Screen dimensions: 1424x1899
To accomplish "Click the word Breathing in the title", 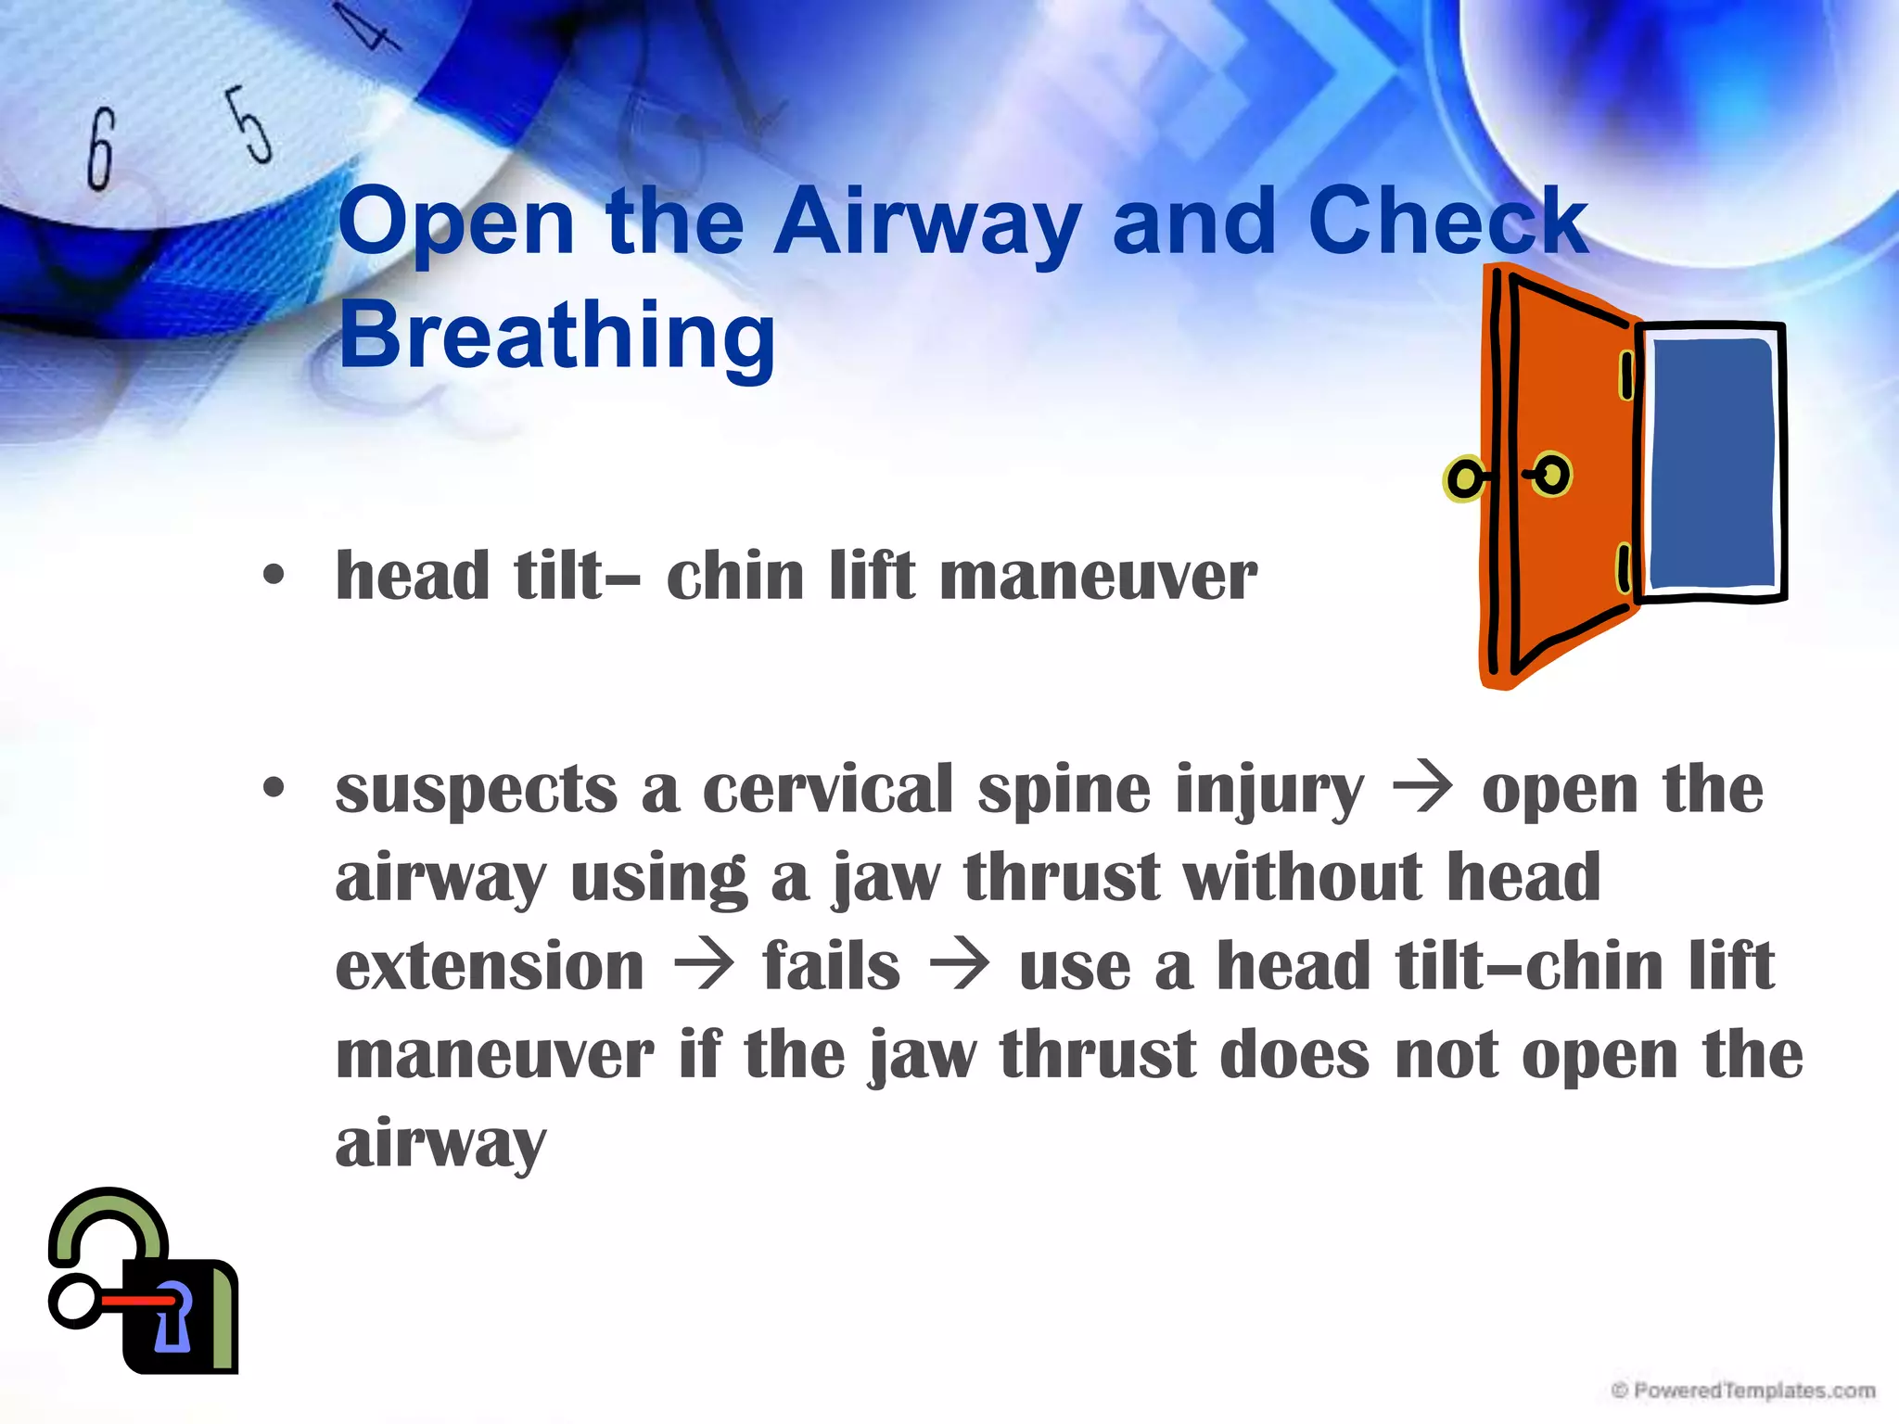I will tap(556, 336).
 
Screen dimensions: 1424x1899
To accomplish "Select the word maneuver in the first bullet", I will tap(1099, 577).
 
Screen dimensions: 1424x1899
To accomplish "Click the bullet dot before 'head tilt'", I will tap(273, 575).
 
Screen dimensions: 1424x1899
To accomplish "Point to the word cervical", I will tap(828, 790).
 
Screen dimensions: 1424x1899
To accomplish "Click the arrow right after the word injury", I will tap(1422, 789).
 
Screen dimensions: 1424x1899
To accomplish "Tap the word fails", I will tap(831, 966).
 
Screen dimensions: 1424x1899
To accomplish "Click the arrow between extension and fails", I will tap(704, 966).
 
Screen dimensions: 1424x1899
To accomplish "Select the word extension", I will tap(490, 966).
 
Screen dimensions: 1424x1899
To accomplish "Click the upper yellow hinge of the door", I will tap(1625, 375).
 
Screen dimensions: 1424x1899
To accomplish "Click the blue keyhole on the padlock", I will tap(172, 1316).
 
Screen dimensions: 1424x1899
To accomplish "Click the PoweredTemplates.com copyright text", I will tap(1743, 1391).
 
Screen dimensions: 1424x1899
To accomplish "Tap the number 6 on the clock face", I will tap(101, 148).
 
